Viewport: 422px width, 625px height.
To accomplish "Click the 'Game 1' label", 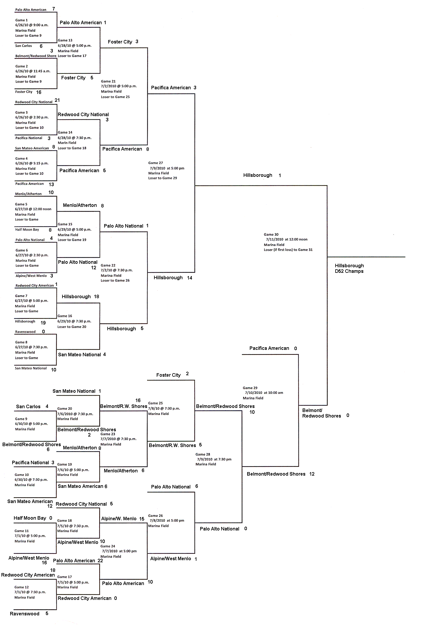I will (21, 20).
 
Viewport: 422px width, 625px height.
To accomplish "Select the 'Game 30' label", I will (271, 234).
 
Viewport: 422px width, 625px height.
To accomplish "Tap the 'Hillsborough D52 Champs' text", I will (349, 268).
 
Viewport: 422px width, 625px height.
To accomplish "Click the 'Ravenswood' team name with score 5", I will (25, 614).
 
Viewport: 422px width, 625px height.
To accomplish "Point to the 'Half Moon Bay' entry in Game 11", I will (30, 518).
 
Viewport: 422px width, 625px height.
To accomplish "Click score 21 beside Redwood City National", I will (57, 100).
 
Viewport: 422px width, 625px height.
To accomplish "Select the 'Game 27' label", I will (155, 163).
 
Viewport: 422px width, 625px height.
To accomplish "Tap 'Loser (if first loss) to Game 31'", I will (288, 250).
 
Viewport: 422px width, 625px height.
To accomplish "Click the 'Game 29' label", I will (250, 388).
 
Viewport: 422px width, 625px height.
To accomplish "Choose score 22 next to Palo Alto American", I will (100, 561).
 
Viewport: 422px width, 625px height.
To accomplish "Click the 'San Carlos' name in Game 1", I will (24, 46).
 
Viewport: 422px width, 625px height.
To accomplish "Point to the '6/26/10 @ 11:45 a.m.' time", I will (33, 71).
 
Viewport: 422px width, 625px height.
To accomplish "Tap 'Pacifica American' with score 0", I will (269, 348).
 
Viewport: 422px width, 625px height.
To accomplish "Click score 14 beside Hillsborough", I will (189, 278).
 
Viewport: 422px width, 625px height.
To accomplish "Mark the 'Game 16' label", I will (64, 316).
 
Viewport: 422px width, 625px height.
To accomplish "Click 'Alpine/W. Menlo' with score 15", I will (119, 518).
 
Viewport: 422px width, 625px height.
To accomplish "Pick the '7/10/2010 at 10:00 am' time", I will (264, 393).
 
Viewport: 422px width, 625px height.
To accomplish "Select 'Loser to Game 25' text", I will (115, 97).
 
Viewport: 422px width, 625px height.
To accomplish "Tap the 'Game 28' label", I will (203, 454).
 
